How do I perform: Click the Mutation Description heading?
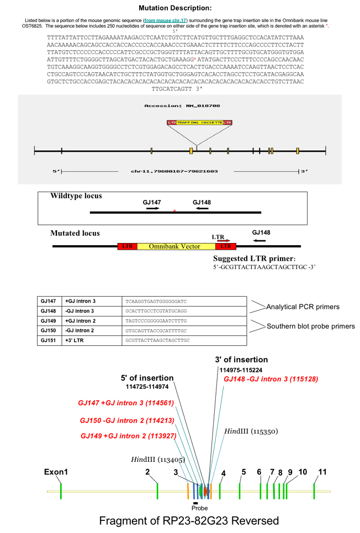point(174,8)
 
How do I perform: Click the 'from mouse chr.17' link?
point(165,20)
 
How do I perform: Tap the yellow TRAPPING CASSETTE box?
point(200,122)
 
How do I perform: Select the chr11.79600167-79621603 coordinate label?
point(174,171)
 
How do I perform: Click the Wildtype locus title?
point(76,196)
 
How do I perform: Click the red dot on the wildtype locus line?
point(174,211)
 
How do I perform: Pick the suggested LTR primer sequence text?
point(264,267)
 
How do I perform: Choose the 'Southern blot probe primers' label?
point(311,326)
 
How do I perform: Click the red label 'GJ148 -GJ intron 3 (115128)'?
point(271,379)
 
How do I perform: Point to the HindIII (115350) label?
point(251,431)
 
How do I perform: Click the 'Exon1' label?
point(56,473)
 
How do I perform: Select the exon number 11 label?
point(323,472)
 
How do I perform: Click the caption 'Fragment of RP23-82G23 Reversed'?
point(189,521)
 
